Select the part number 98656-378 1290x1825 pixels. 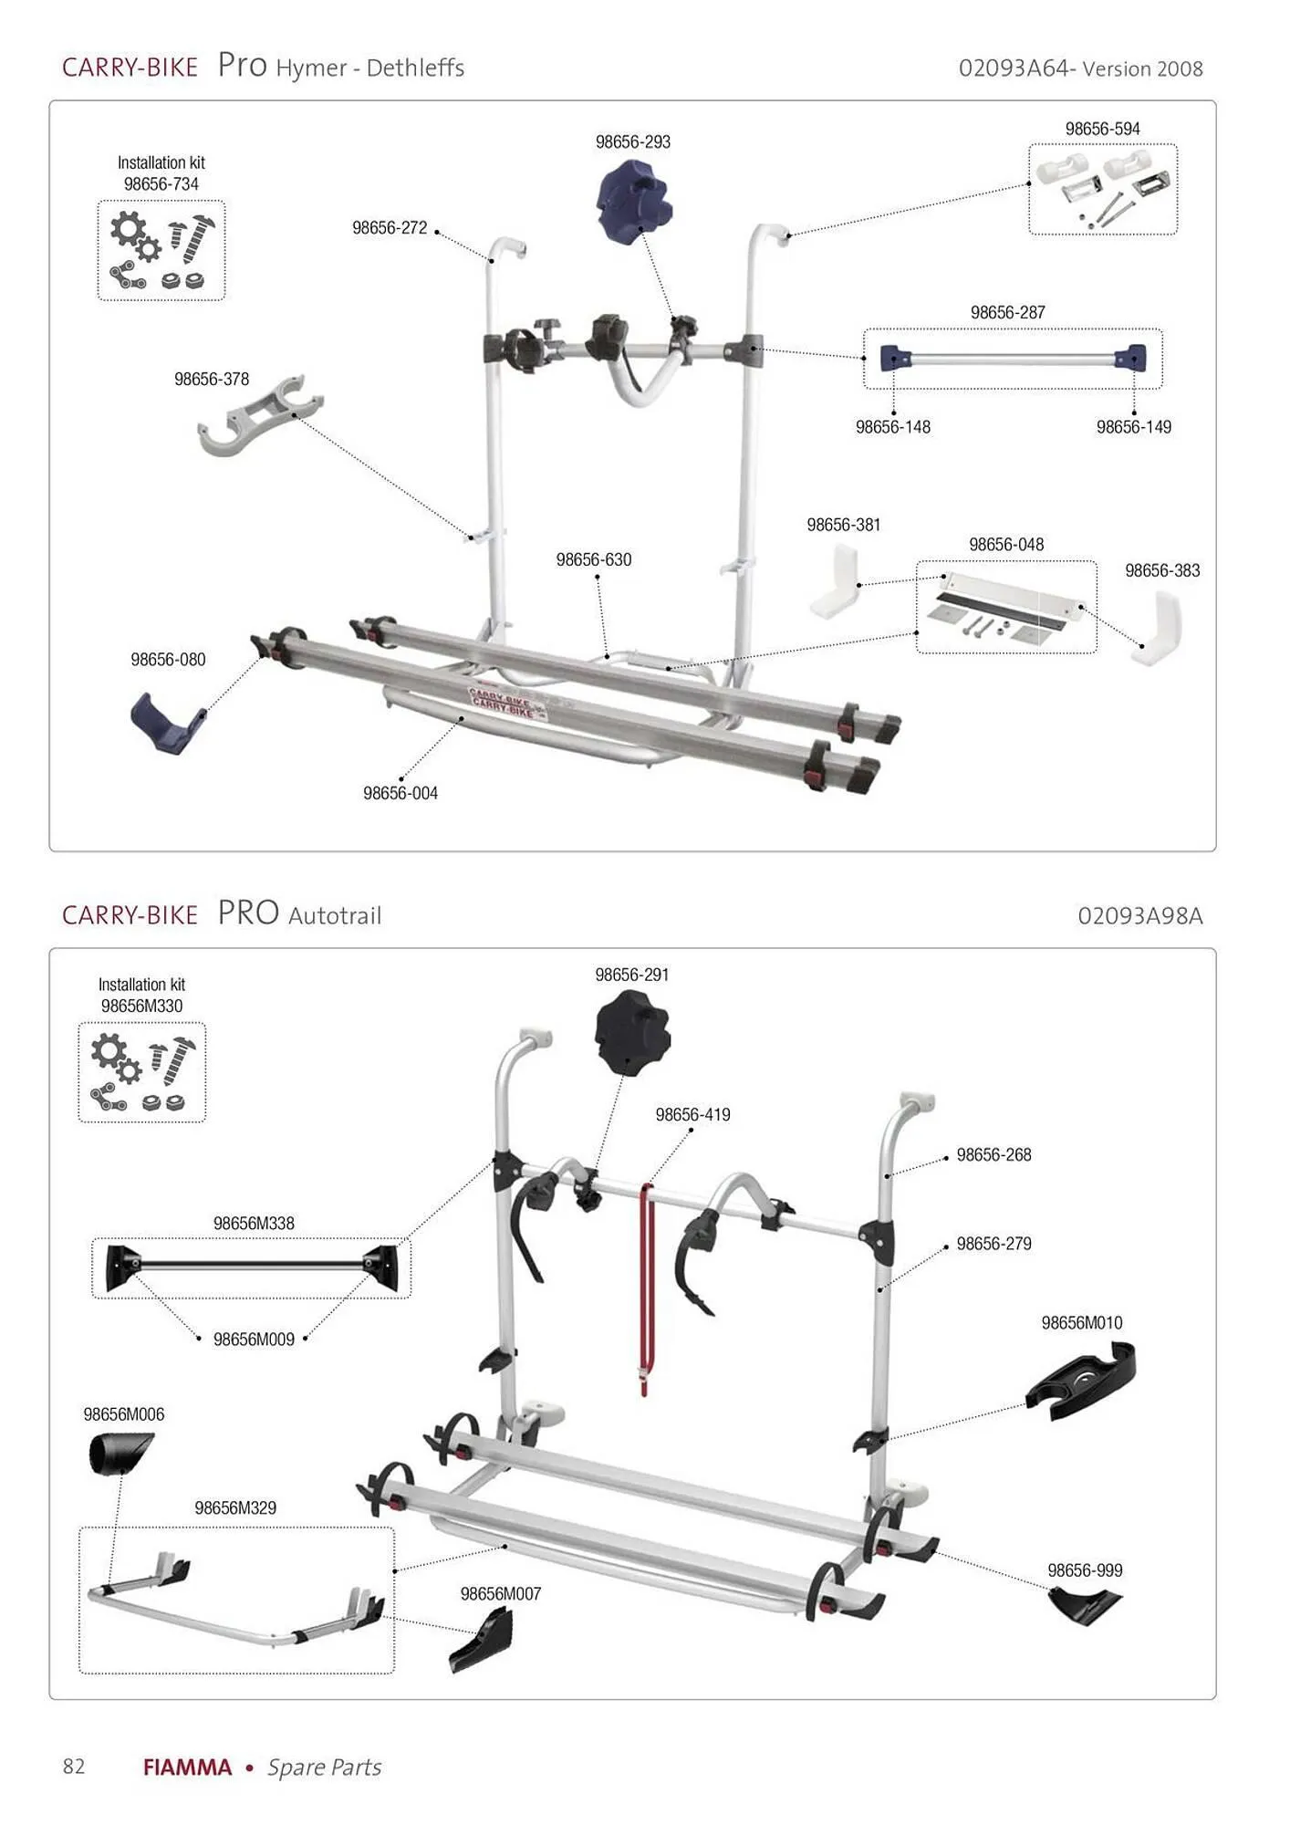pos(212,380)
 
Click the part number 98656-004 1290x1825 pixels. pos(401,794)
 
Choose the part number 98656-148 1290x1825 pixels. pos(892,427)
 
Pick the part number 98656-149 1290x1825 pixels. pos(1133,427)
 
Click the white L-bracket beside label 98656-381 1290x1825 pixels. pos(835,581)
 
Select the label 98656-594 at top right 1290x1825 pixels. pos(1102,130)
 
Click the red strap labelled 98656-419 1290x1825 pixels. pos(646,1287)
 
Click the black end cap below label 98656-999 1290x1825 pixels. pos(1084,1606)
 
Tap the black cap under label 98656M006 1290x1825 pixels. pos(120,1453)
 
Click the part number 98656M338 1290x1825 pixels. pos(254,1224)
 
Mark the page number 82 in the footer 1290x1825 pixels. pos(74,1767)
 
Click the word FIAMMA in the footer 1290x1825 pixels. pos(187,1768)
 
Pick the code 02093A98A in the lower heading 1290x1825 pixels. pos(1139,916)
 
